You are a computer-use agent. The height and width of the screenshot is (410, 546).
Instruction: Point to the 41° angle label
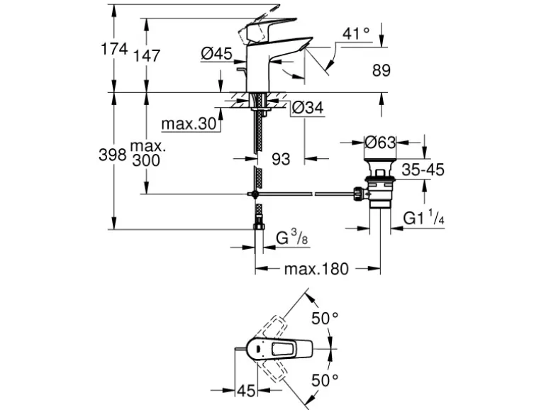click(x=356, y=33)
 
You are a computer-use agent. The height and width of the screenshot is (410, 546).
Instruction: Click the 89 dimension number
click(x=381, y=70)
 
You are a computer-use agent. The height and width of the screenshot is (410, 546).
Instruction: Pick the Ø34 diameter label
click(x=307, y=108)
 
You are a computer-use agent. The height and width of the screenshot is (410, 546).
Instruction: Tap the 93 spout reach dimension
click(x=281, y=160)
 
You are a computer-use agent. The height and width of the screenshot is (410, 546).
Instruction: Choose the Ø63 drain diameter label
click(x=379, y=143)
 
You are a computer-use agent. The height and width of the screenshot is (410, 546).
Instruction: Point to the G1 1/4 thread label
click(x=424, y=218)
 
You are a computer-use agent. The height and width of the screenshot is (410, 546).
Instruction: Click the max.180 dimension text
click(x=316, y=269)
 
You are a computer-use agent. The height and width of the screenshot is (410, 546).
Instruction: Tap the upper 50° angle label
click(x=324, y=318)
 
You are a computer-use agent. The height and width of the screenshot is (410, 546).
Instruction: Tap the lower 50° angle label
click(x=324, y=380)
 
